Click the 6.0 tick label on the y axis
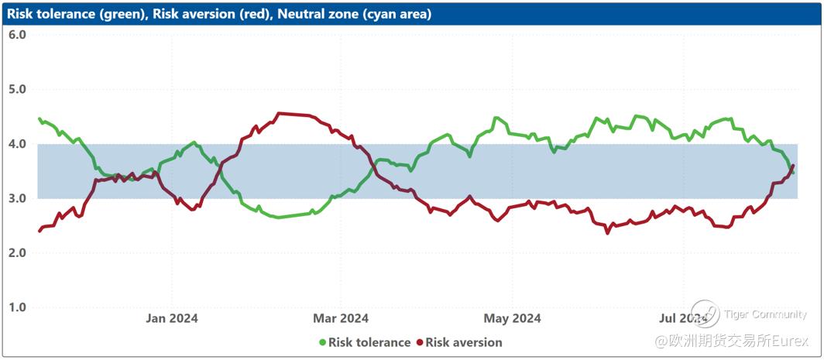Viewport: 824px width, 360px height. point(17,36)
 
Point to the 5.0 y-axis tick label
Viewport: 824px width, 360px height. point(17,90)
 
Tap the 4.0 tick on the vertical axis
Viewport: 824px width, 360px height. point(17,144)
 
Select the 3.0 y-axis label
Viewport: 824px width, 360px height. point(17,199)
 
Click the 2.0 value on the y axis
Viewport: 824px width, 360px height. point(17,253)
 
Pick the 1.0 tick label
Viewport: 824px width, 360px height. point(17,307)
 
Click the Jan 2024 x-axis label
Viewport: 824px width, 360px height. point(172,318)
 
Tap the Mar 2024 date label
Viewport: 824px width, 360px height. point(342,318)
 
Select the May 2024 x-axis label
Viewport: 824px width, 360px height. point(512,318)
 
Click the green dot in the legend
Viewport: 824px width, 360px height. point(322,342)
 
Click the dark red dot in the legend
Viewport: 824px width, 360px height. point(420,342)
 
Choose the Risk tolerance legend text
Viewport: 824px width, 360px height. point(369,342)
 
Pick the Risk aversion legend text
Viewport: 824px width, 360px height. point(464,342)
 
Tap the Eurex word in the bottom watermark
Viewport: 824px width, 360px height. point(789,341)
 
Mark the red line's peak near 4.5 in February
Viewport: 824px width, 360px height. point(280,114)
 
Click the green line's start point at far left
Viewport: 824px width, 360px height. point(39,118)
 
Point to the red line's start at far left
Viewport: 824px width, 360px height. point(39,231)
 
